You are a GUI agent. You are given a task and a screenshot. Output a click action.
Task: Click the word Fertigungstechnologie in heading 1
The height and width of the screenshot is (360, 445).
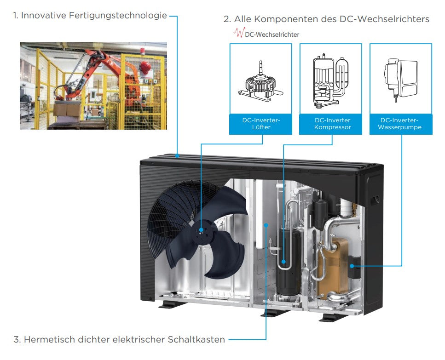click(118, 16)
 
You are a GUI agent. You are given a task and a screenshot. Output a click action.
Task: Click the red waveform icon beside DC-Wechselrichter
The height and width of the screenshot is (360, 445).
click(238, 33)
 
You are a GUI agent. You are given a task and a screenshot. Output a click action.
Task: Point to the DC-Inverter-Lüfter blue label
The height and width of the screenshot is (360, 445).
click(260, 124)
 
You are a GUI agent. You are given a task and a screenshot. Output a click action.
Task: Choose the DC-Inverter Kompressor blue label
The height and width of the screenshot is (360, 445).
click(332, 124)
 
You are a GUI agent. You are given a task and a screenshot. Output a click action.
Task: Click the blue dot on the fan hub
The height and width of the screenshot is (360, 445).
click(201, 229)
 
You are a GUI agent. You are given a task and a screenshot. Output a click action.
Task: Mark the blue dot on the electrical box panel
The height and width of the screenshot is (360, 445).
click(266, 225)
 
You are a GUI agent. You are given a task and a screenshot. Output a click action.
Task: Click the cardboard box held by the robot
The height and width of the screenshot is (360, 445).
click(65, 109)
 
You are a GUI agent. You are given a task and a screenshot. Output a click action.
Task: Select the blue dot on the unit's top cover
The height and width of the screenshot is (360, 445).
click(178, 156)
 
